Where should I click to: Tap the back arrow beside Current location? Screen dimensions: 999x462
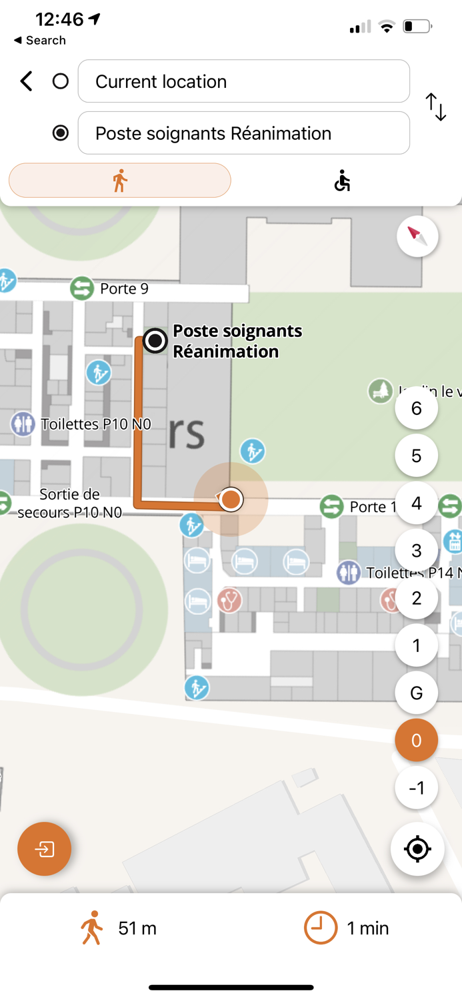pos(26,82)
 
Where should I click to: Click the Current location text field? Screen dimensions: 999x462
pos(243,81)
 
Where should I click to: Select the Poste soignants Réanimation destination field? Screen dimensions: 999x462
pos(243,133)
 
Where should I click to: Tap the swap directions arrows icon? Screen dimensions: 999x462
pos(436,107)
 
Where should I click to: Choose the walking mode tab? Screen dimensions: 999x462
pos(120,180)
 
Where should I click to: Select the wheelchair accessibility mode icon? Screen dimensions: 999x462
pos(342,180)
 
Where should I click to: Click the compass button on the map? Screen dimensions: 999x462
pos(417,236)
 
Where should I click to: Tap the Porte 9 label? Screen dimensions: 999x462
pos(124,289)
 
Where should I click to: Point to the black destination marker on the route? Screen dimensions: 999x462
pos(155,341)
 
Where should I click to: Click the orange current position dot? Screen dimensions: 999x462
pos(231,499)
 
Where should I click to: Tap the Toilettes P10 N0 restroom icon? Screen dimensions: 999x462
pos(23,424)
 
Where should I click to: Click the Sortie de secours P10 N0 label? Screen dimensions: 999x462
pos(69,503)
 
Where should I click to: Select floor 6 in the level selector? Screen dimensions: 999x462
pos(417,408)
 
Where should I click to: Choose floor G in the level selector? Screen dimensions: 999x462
pos(417,693)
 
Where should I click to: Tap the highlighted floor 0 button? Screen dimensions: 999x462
pos(417,740)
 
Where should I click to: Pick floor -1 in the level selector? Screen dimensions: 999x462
pos(417,788)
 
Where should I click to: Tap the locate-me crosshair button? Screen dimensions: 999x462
pos(417,849)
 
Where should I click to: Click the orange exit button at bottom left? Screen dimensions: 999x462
pos(45,849)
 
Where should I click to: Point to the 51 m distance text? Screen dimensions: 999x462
pos(137,928)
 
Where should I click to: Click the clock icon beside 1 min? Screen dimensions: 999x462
pos(321,928)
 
